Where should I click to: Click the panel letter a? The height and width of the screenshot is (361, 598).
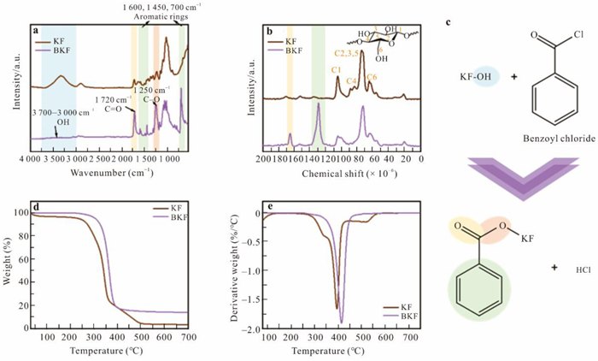36,32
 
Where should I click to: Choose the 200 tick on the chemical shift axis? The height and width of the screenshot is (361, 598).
266,159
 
